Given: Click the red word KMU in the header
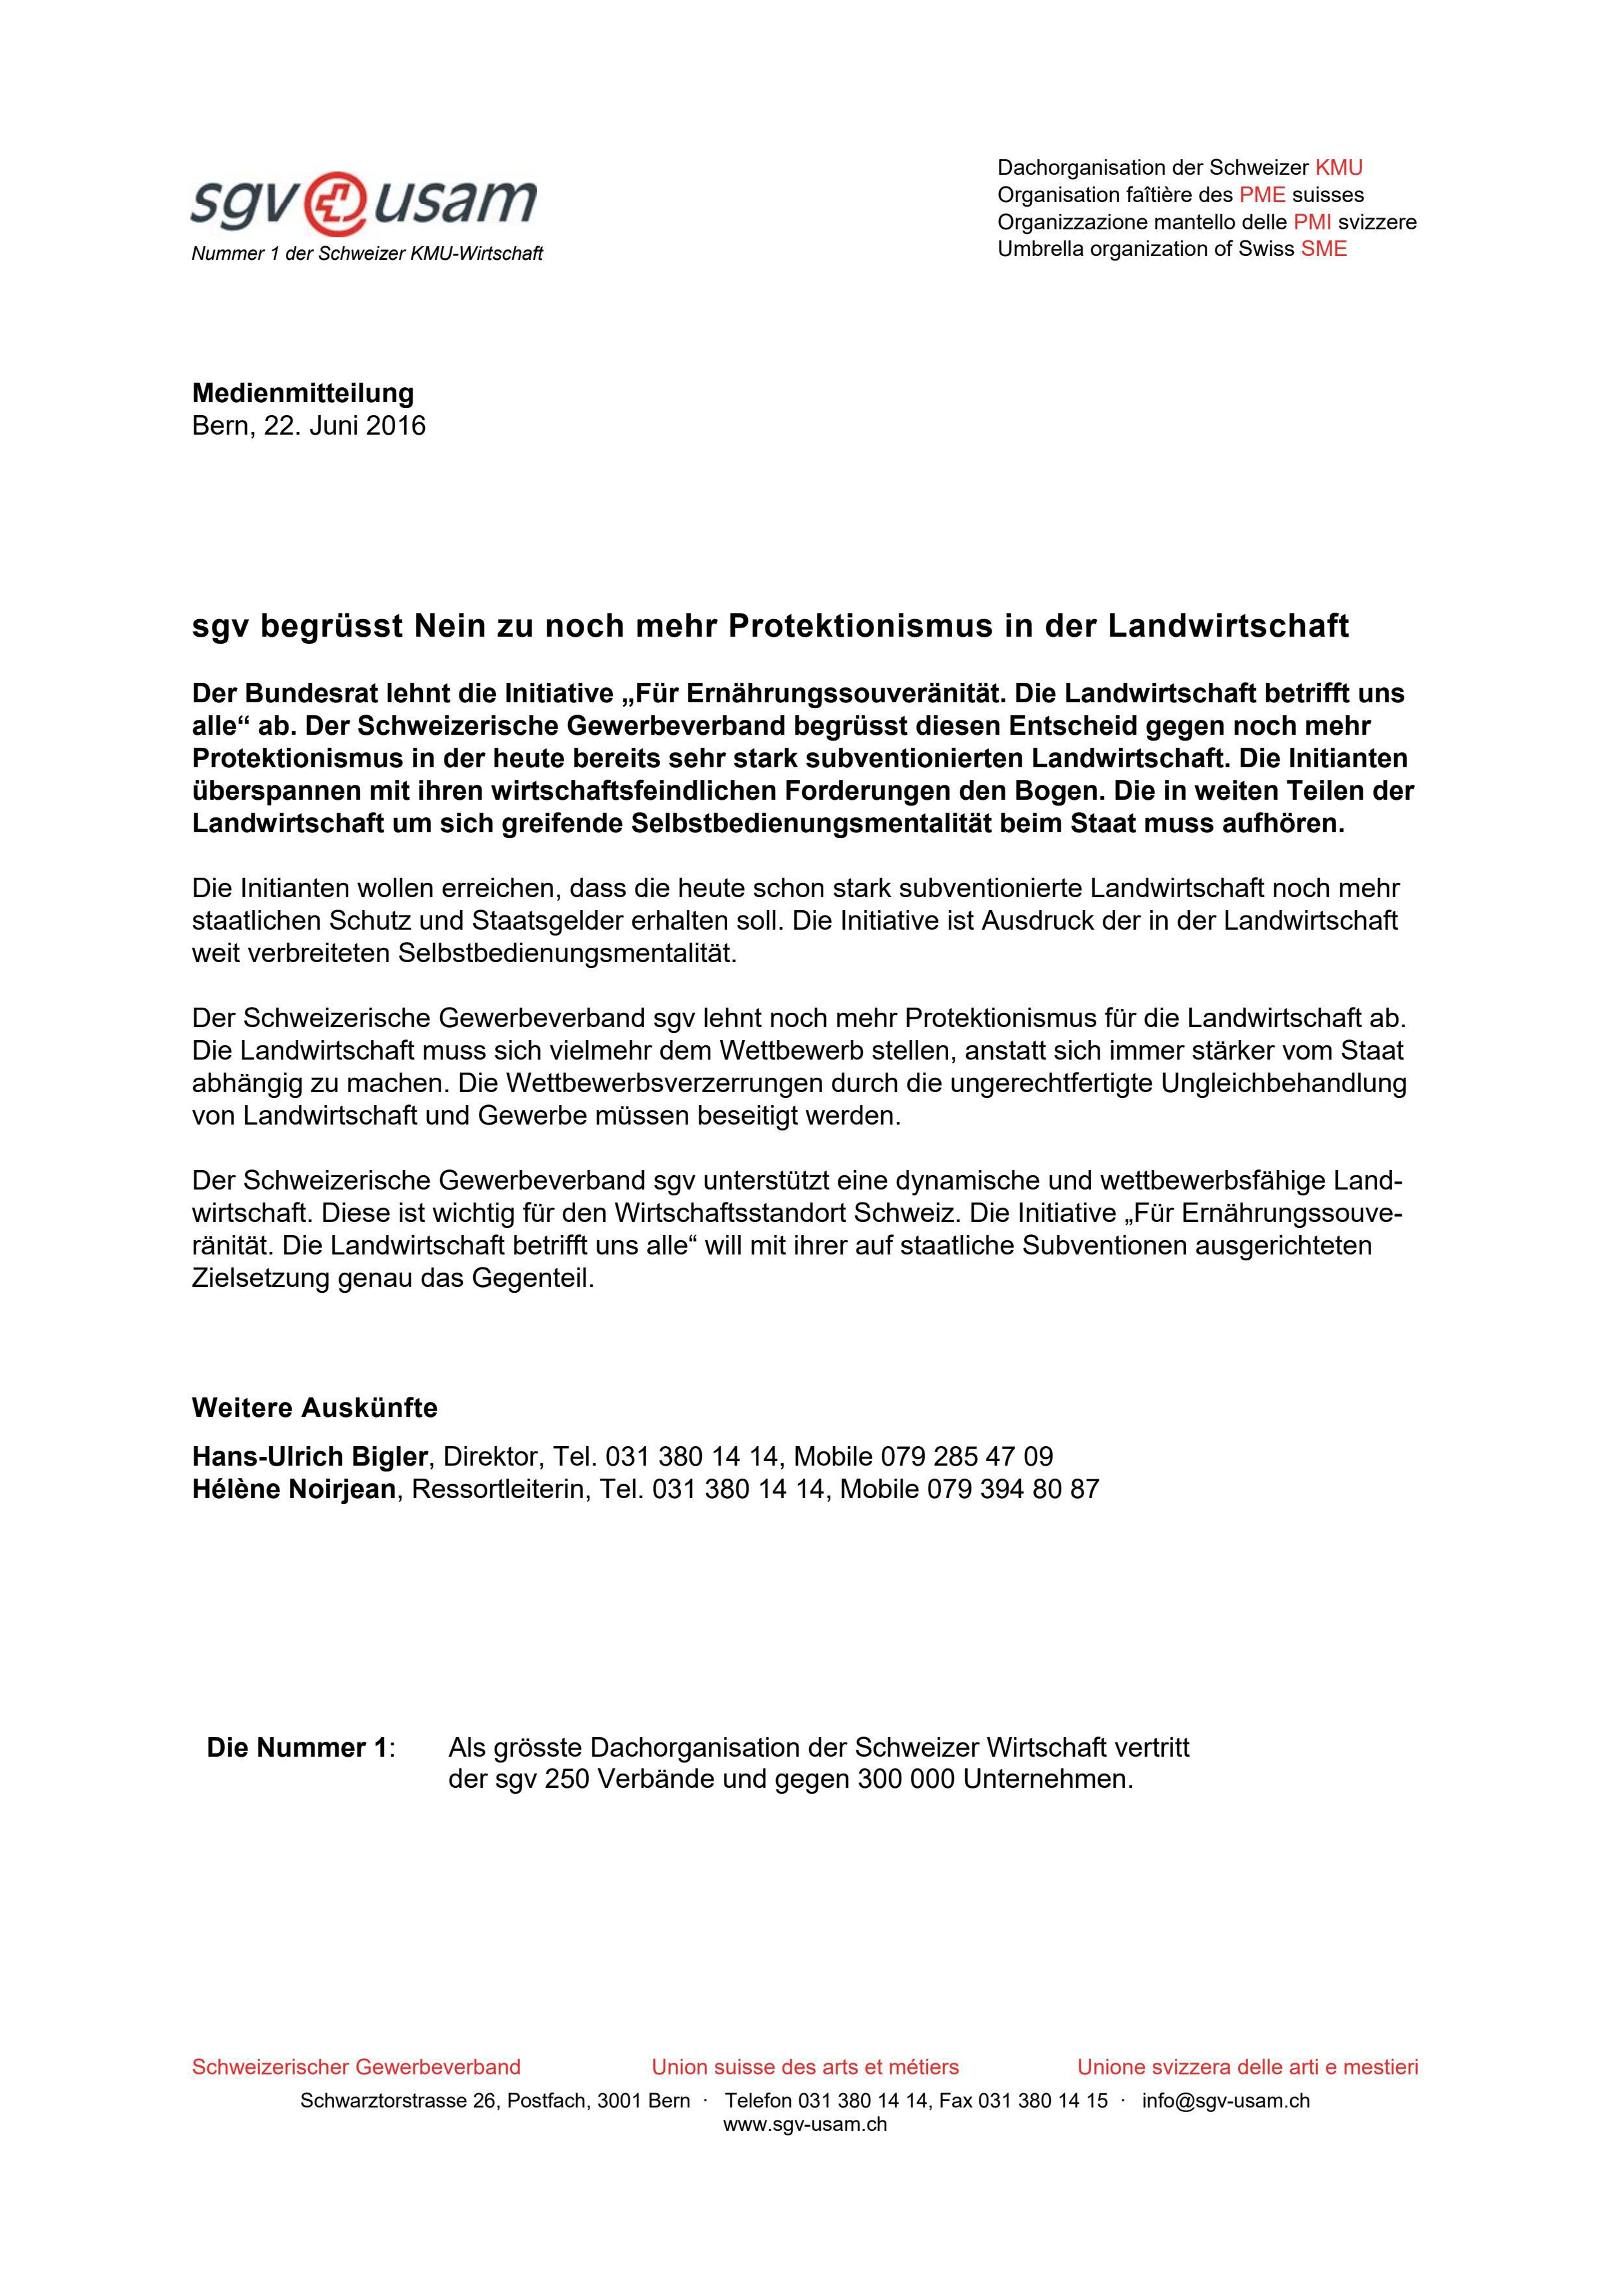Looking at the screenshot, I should tap(1338, 168).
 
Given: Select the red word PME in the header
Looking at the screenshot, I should tap(1261, 194).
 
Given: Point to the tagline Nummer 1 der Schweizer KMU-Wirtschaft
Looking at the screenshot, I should tap(367, 254).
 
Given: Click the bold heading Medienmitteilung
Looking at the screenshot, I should tap(303, 393).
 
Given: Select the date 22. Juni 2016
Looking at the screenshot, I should tap(344, 426).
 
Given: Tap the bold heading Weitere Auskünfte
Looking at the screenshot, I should tap(314, 1408).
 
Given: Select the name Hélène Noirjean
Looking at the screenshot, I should tap(294, 1489).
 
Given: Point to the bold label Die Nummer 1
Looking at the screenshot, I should tap(297, 1748).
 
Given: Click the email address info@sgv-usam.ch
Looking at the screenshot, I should tap(1225, 2100).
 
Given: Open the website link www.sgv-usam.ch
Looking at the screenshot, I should tap(805, 2124).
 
